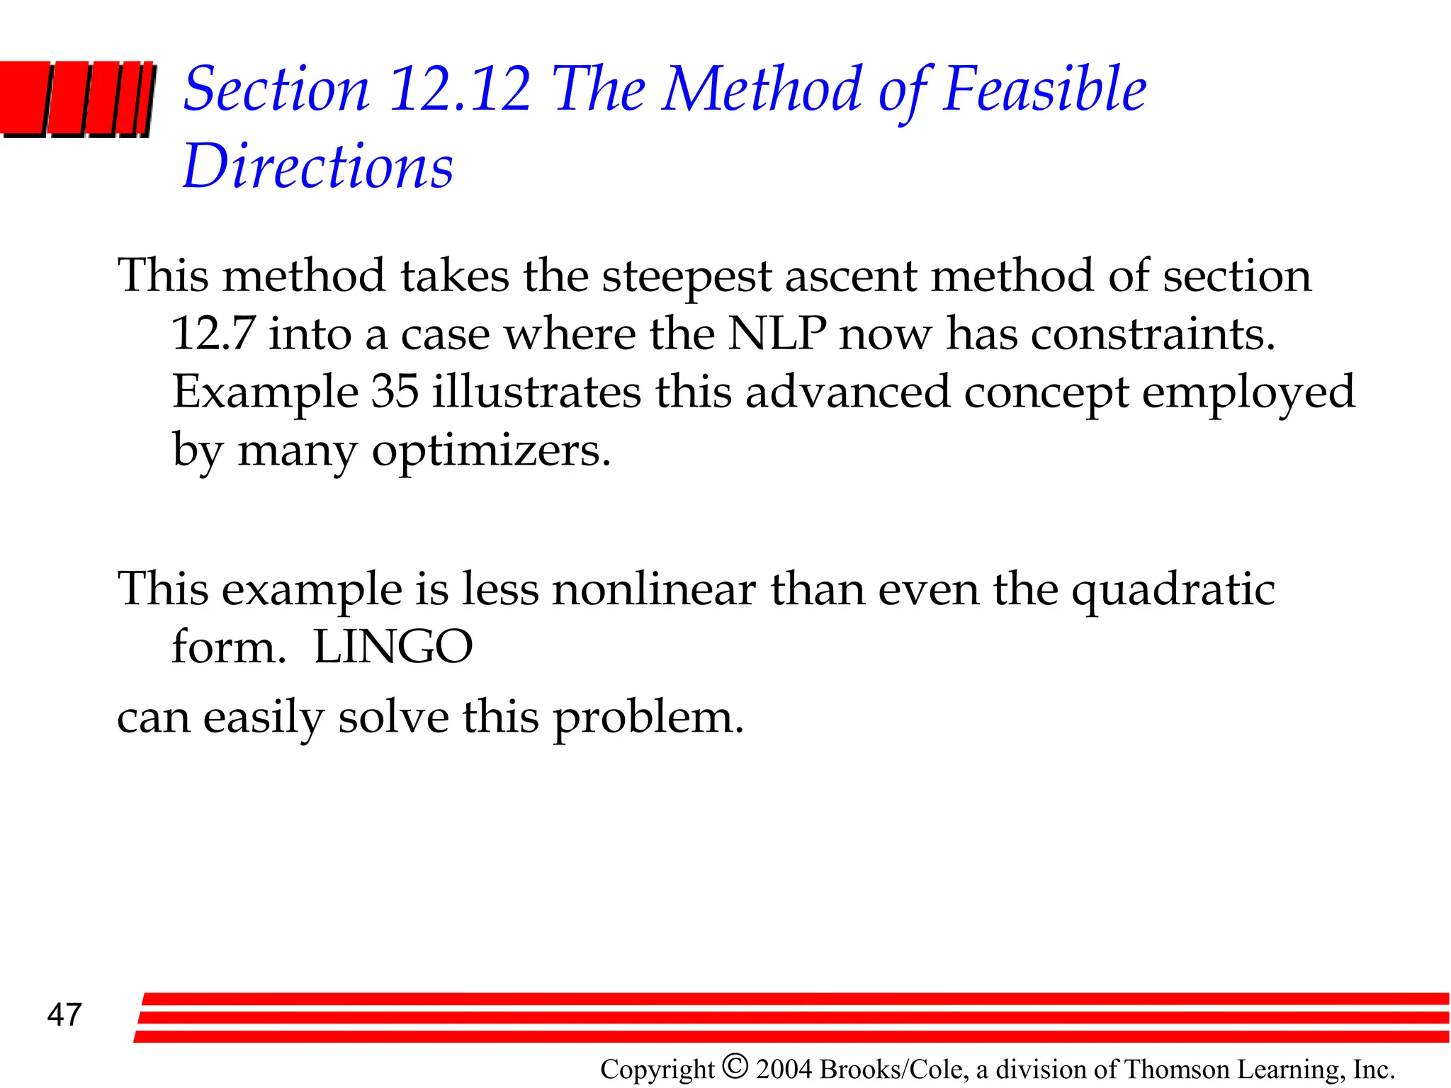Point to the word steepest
click(x=686, y=276)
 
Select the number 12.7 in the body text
click(x=213, y=334)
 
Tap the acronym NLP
click(x=777, y=334)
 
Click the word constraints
click(x=1153, y=334)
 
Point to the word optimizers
click(x=490, y=450)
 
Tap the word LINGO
click(x=393, y=647)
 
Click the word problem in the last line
click(x=648, y=718)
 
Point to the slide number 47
click(x=64, y=1015)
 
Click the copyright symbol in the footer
click(x=735, y=1066)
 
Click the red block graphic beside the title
click(x=77, y=98)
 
